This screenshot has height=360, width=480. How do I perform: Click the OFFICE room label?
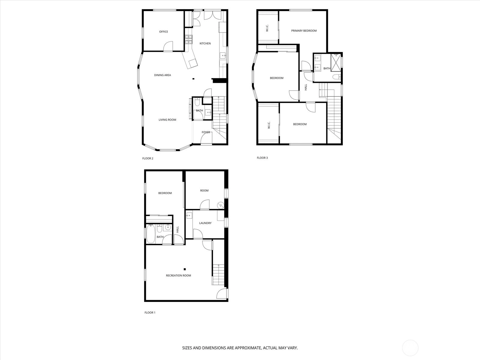[163, 32]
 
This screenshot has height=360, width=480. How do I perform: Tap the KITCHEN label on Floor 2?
[205, 43]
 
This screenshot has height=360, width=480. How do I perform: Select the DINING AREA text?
[163, 75]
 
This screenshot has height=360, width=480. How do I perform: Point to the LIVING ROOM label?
[167, 120]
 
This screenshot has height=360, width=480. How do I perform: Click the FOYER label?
[206, 132]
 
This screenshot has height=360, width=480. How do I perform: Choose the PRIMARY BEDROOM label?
[304, 31]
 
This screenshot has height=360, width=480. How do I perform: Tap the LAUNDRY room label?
[205, 223]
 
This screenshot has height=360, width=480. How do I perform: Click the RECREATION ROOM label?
[178, 276]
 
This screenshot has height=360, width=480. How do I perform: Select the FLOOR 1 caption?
[150, 313]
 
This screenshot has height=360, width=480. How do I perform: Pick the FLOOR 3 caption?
[262, 158]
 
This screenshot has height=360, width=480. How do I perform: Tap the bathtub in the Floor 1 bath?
[151, 234]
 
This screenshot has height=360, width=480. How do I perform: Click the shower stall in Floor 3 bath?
[336, 62]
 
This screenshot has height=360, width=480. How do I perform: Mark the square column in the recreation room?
[185, 269]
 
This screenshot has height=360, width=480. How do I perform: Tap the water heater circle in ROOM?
[220, 205]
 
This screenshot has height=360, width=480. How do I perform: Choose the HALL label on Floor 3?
[306, 87]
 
